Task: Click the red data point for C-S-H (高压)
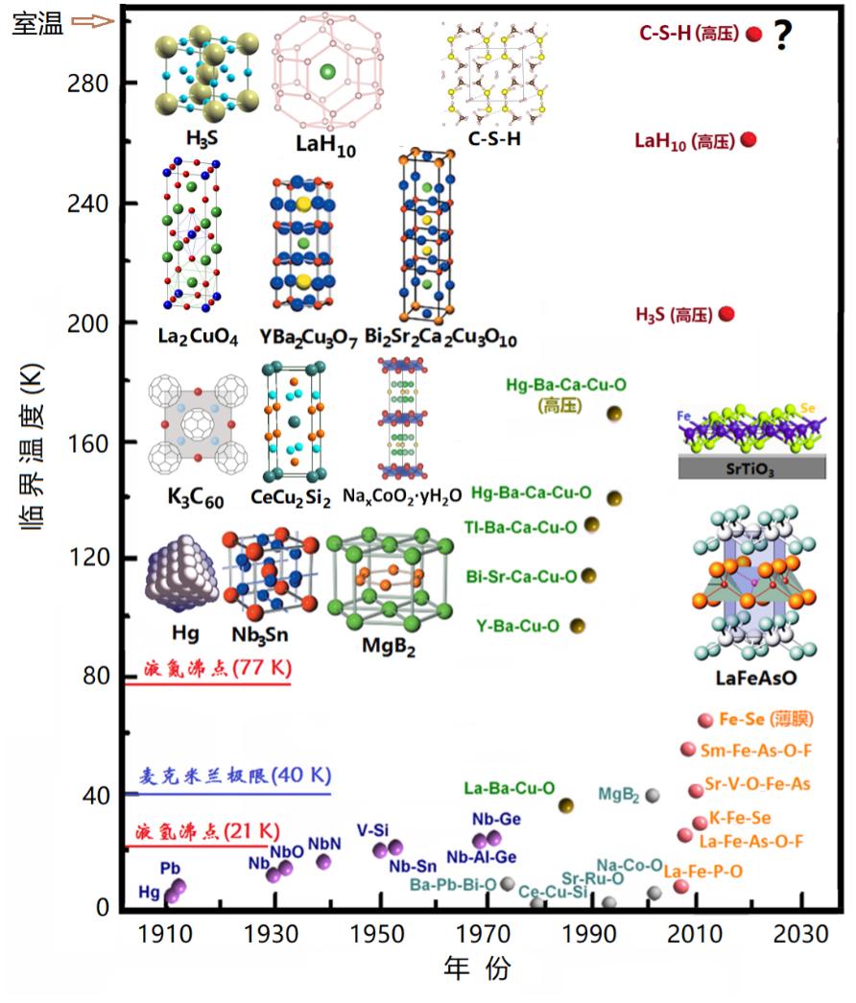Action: [x=753, y=35]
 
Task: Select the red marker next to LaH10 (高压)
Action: [x=749, y=140]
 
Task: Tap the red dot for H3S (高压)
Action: [x=727, y=314]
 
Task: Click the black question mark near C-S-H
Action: [x=783, y=36]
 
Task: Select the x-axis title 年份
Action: [x=477, y=969]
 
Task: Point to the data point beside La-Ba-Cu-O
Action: [x=566, y=805]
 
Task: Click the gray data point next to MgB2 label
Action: [x=653, y=795]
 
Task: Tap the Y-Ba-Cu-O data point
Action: [x=578, y=626]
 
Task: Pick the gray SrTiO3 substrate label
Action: [x=752, y=467]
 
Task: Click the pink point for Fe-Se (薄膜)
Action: [x=705, y=721]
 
